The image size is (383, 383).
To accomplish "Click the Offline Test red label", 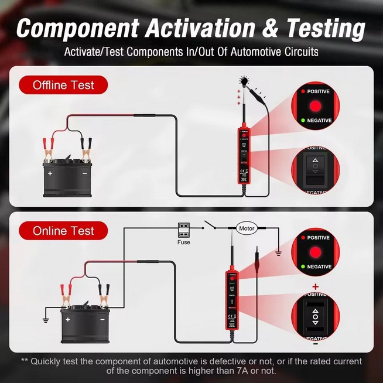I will tap(63, 85).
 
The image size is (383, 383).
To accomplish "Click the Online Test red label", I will tap(63, 230).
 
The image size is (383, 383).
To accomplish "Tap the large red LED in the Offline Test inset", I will tap(316, 106).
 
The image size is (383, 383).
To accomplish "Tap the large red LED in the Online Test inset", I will tap(316, 252).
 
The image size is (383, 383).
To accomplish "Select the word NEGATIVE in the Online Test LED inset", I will tap(319, 266).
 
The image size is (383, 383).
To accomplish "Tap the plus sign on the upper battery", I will tap(50, 173).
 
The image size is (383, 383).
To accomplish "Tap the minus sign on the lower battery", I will tap(102, 320).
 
